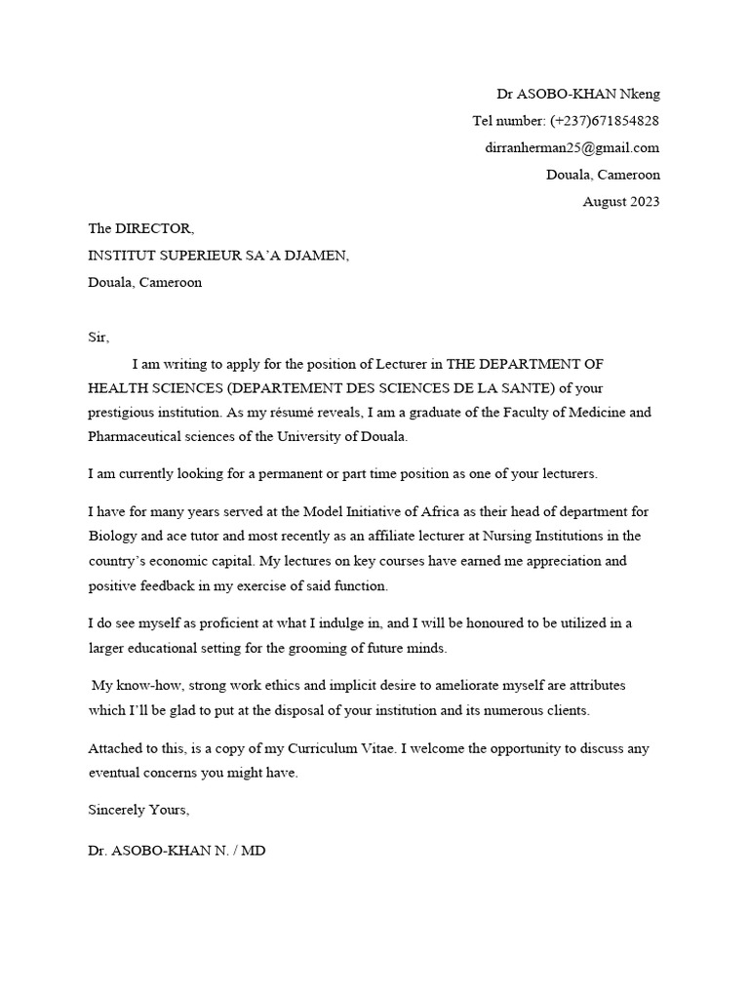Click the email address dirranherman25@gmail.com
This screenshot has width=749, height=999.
[572, 148]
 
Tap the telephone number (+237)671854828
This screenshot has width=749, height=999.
[605, 121]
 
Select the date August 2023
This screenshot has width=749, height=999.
[621, 202]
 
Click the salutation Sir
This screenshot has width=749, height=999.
[99, 338]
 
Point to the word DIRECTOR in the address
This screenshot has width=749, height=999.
[154, 229]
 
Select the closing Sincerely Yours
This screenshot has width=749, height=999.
[138, 810]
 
